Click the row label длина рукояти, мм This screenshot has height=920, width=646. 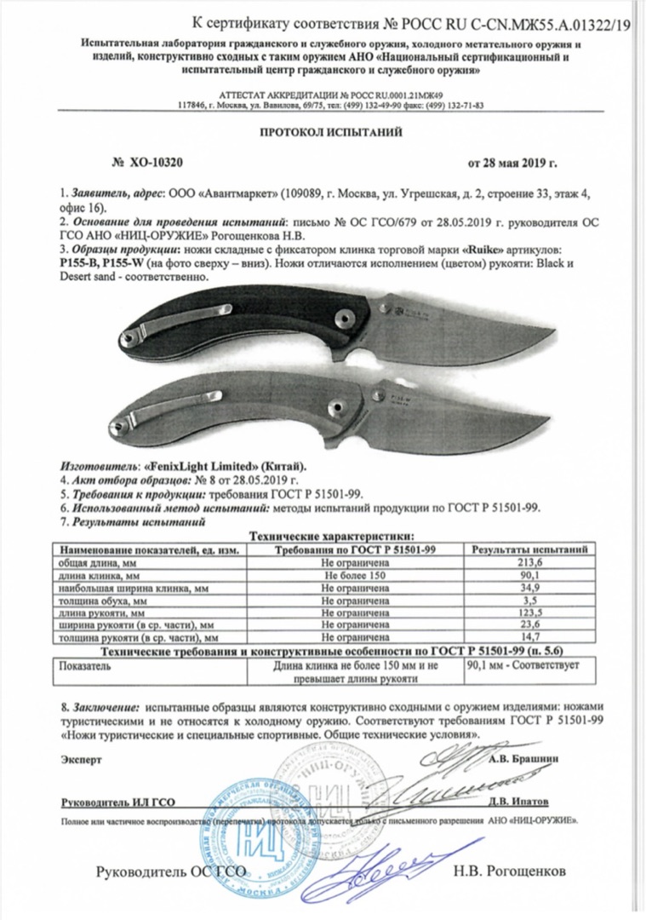tap(107, 612)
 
